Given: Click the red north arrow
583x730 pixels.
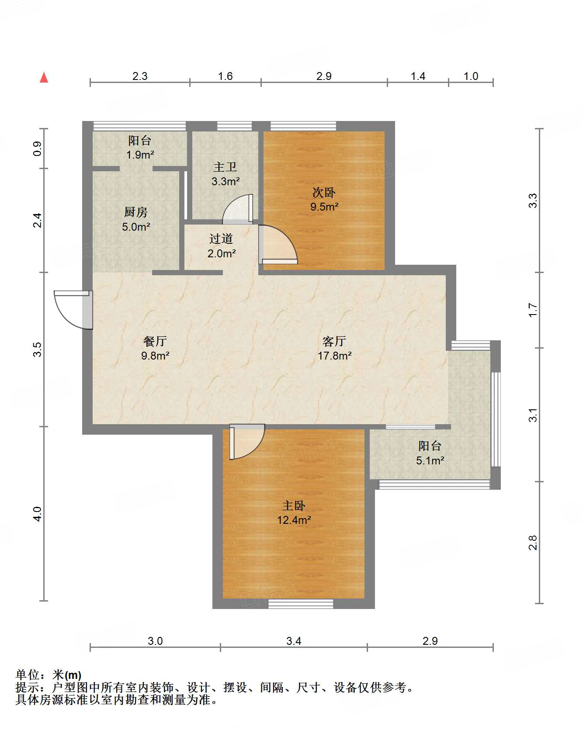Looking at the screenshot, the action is [x=44, y=77].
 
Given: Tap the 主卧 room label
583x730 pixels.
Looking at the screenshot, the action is [x=294, y=505].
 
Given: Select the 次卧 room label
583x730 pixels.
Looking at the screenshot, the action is [x=324, y=192].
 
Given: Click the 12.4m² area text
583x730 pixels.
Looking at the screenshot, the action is [x=294, y=520].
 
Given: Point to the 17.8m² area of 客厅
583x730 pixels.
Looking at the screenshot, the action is [x=334, y=356].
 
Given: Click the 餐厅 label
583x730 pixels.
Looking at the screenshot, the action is [x=155, y=341].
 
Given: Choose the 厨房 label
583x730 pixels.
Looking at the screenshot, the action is [x=136, y=212].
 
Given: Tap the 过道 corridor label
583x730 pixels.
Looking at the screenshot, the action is [x=221, y=239].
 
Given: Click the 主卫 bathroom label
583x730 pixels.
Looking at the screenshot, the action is [x=225, y=167].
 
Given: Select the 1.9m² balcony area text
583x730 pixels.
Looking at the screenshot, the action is [x=140, y=155].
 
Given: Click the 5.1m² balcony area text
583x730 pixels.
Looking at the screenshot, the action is [x=430, y=460].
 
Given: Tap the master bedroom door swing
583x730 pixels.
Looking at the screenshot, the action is [x=247, y=442].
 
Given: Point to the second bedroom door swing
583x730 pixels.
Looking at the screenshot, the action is [x=278, y=245].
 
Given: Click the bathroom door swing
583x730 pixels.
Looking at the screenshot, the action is [x=238, y=209].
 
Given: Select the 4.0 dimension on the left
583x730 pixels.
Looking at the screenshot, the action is [x=38, y=514].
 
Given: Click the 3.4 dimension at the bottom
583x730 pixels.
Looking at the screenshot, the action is [x=294, y=641].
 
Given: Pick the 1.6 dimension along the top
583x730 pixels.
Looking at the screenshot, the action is [x=225, y=76].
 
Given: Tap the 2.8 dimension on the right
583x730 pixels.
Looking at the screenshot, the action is [x=532, y=543].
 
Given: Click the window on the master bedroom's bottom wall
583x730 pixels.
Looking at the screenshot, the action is [x=301, y=604].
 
